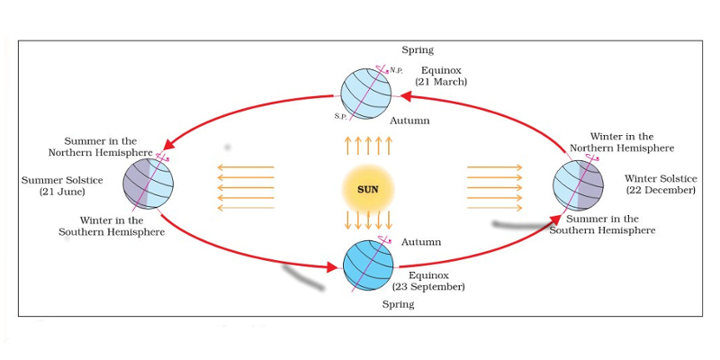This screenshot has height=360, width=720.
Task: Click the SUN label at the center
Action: pyautogui.click(x=367, y=190)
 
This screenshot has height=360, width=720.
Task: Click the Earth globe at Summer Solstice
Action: pyautogui.click(x=148, y=183)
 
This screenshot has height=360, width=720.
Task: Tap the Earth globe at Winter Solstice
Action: pyautogui.click(x=579, y=185)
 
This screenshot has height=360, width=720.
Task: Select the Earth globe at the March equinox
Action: pyautogui.click(x=366, y=94)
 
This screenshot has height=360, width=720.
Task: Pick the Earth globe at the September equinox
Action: pyautogui.click(x=368, y=264)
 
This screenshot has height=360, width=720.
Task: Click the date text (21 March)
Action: pyautogui.click(x=441, y=82)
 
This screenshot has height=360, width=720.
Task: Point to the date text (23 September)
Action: pyautogui.click(x=428, y=287)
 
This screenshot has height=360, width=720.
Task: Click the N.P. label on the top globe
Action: pyautogui.click(x=396, y=70)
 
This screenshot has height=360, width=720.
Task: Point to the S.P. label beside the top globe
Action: pyautogui.click(x=340, y=116)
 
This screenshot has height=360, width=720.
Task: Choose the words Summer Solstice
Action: pyautogui.click(x=62, y=180)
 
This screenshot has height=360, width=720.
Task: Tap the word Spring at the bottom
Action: pyautogui.click(x=398, y=305)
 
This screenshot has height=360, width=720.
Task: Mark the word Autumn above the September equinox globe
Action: pyautogui.click(x=420, y=243)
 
